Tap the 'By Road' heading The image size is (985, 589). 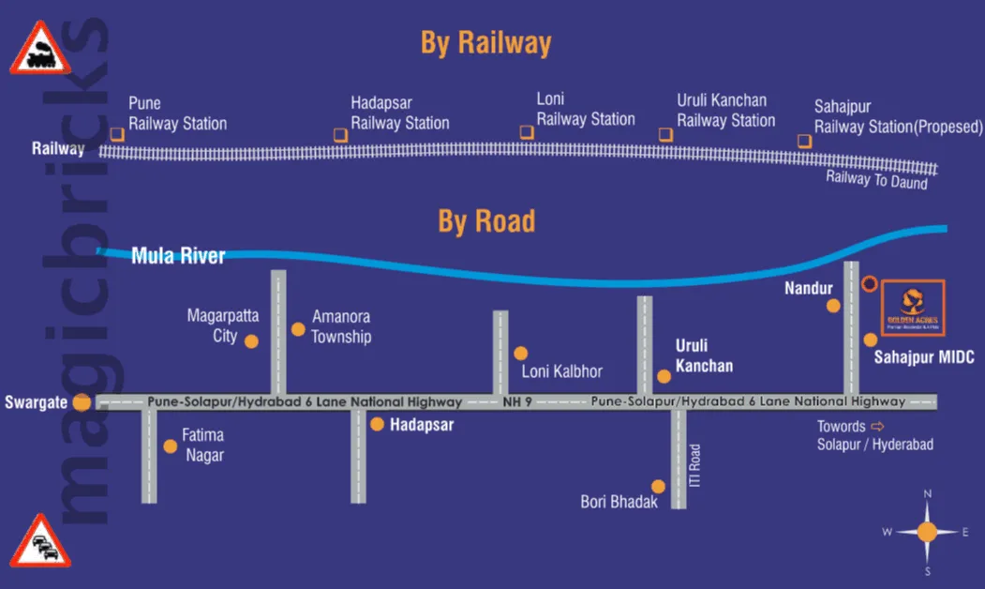tap(486, 221)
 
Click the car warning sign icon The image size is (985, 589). tap(41, 542)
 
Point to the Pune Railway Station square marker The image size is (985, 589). tap(116, 134)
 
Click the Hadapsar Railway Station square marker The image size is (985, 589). tap(340, 135)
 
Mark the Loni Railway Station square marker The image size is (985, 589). tap(527, 132)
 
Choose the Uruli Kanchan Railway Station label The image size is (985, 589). tap(725, 111)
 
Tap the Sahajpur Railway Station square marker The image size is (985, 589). tap(804, 141)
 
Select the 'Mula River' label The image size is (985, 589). tap(178, 255)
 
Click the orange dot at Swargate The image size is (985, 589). tap(82, 402)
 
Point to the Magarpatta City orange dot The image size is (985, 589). tap(251, 341)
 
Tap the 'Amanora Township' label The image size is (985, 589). tap(341, 327)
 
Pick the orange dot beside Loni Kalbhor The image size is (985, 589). tap(521, 354)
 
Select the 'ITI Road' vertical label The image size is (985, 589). tap(695, 465)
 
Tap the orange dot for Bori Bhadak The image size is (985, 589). tap(659, 487)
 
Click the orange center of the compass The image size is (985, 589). tap(927, 532)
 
